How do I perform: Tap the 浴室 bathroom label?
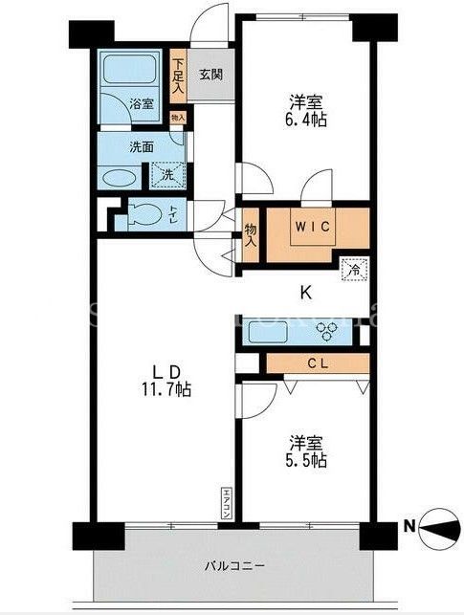(x=141, y=103)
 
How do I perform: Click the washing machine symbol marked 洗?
(x=166, y=174)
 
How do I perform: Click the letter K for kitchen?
(x=305, y=294)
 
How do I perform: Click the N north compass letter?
(x=409, y=524)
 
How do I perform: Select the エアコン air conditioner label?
(x=227, y=501)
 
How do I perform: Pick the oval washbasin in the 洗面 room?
(x=120, y=178)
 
